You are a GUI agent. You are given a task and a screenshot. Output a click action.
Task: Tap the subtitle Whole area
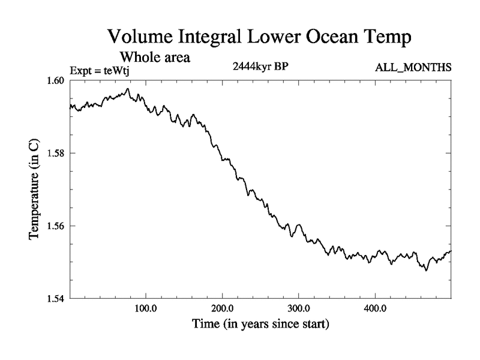click(155, 58)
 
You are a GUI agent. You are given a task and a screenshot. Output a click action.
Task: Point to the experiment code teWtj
click(116, 71)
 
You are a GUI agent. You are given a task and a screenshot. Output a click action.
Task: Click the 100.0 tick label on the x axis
click(146, 309)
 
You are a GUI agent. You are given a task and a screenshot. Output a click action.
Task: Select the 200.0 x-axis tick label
click(223, 309)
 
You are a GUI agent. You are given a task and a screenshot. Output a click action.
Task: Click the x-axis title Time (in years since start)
click(260, 325)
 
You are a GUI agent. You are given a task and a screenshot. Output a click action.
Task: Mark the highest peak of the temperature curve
click(128, 89)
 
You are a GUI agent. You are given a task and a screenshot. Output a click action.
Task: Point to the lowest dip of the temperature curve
click(426, 271)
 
